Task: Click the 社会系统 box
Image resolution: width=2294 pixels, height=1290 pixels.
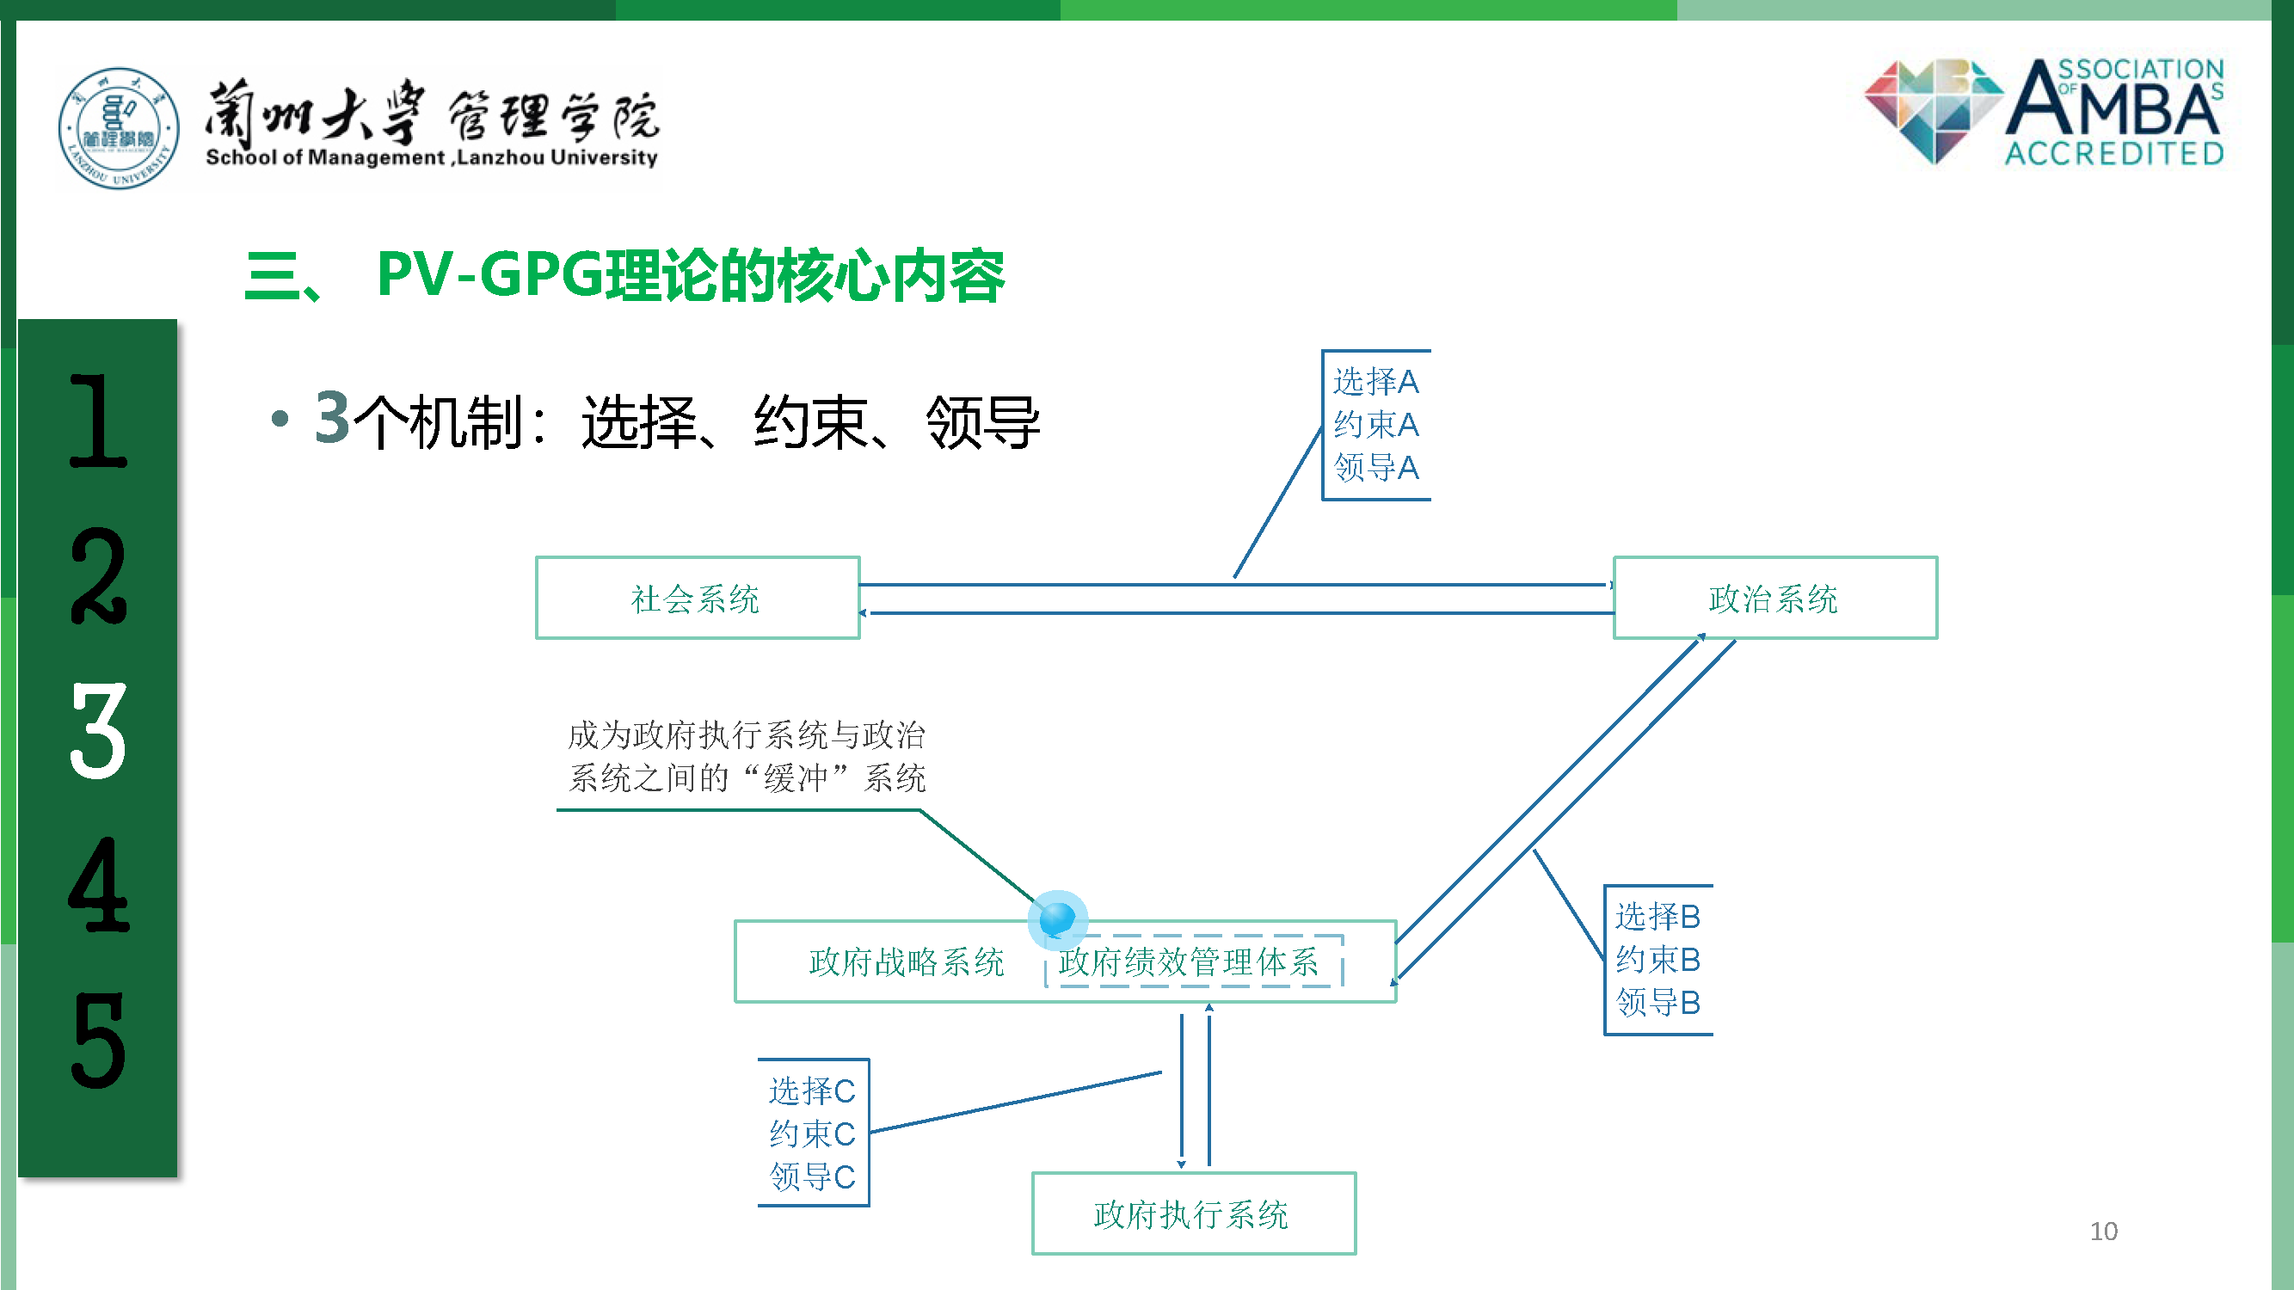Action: (x=697, y=599)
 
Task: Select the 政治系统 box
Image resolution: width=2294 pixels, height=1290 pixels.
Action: (x=1774, y=599)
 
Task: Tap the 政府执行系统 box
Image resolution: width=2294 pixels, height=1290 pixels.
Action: (x=1192, y=1214)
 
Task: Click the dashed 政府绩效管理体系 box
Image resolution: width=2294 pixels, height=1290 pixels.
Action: (x=1190, y=961)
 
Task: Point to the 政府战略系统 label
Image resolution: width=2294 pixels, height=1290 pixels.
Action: (x=907, y=961)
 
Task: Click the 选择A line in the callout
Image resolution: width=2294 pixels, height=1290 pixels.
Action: (x=1376, y=382)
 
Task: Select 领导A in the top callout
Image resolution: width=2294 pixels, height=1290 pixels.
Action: (x=1376, y=467)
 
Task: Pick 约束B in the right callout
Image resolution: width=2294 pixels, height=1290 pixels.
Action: (x=1657, y=959)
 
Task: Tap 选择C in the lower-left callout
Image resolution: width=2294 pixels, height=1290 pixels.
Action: (x=811, y=1090)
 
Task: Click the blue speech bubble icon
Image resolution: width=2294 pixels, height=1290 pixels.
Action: (x=1058, y=918)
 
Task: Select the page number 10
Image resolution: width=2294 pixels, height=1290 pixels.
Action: (x=2103, y=1232)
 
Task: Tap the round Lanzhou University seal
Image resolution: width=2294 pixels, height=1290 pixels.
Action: (x=119, y=128)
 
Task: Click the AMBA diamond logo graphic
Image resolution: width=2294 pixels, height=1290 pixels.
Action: (x=1933, y=108)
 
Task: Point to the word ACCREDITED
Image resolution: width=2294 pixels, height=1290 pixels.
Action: (x=2114, y=153)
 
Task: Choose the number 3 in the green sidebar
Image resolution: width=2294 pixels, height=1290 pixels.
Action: (x=98, y=730)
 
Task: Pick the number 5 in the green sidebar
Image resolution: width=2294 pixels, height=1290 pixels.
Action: (x=98, y=1039)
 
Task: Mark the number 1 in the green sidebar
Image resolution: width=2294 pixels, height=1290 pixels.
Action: (x=98, y=421)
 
